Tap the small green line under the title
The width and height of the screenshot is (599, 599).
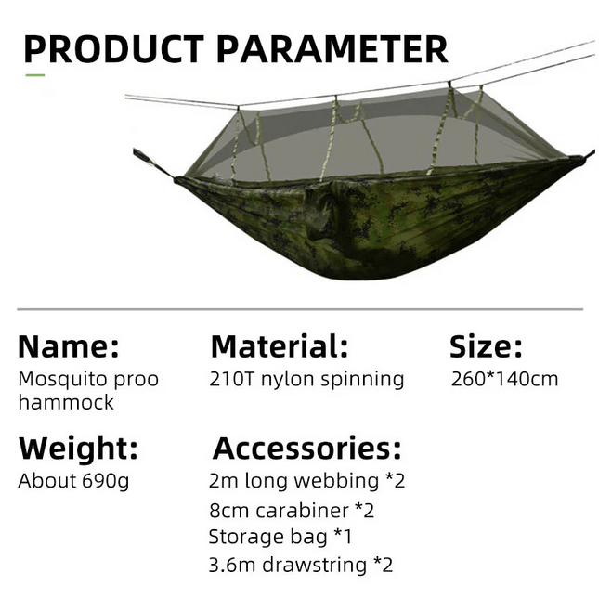[34, 75]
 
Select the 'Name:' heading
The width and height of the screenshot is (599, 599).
[69, 347]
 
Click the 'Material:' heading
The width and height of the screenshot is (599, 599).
[280, 347]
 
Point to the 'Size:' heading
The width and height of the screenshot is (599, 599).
[486, 347]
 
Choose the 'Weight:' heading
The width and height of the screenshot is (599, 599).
[78, 449]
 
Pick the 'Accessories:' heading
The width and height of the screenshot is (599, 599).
[307, 449]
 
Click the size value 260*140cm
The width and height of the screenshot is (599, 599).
[504, 379]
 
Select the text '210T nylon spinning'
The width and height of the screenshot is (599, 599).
[307, 379]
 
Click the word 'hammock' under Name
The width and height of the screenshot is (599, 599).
[66, 402]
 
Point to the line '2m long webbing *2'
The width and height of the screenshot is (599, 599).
[307, 481]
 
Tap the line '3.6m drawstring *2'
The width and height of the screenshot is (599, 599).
[301, 565]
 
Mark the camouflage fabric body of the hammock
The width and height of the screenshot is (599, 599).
[371, 223]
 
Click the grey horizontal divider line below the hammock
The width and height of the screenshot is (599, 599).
[299, 309]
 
